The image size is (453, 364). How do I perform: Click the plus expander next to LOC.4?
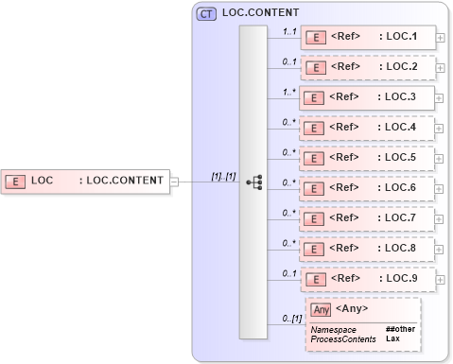[441, 128]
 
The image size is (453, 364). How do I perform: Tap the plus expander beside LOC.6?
[441, 188]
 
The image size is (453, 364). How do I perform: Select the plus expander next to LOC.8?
[441, 249]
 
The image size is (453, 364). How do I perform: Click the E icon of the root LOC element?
[15, 180]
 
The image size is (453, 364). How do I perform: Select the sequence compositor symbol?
[253, 182]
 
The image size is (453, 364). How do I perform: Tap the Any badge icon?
[321, 309]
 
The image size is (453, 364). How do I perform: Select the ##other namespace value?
[400, 329]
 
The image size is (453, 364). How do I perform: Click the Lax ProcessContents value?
[392, 338]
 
